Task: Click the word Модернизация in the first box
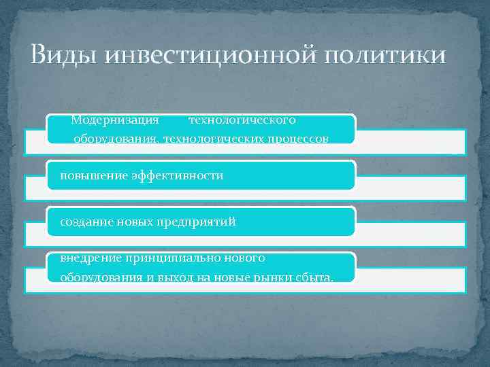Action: point(115,120)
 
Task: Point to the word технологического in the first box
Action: point(242,120)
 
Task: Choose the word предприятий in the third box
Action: point(196,222)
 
